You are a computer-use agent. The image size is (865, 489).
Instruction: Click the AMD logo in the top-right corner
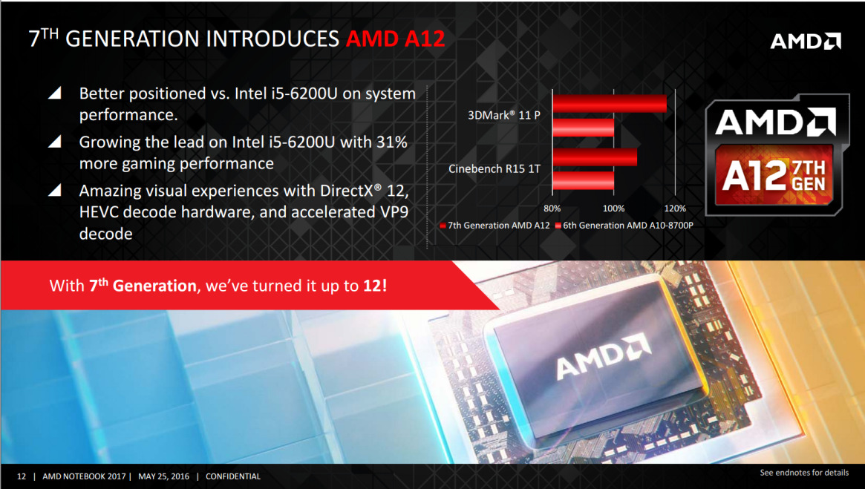tap(806, 42)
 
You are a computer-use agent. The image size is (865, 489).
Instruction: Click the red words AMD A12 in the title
tap(395, 39)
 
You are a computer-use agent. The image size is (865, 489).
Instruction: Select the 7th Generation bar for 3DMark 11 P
tap(610, 103)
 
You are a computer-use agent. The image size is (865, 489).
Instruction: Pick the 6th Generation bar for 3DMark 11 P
tap(583, 128)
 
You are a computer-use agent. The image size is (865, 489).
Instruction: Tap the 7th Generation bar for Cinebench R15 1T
tap(595, 157)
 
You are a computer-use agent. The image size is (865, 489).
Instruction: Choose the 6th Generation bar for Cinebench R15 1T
tap(583, 181)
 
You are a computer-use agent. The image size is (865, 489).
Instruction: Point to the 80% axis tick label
tap(552, 209)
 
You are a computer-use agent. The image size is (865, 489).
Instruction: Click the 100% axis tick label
tap(613, 209)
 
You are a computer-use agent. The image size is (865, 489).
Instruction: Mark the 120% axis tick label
tap(675, 209)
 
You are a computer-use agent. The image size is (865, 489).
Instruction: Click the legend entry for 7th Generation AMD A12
tap(494, 226)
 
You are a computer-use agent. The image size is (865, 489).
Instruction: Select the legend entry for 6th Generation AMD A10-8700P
tap(624, 226)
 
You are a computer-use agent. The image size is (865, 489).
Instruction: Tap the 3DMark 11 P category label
tap(503, 115)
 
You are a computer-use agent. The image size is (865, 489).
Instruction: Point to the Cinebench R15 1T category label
tap(494, 168)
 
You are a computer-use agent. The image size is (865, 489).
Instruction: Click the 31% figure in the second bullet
tap(392, 142)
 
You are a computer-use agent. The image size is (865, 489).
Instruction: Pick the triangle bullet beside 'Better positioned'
tap(55, 93)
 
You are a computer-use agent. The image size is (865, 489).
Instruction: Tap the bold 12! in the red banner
tap(375, 286)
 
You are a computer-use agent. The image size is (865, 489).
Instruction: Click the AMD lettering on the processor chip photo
tap(603, 356)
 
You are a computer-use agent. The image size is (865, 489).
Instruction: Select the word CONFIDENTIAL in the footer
tap(233, 476)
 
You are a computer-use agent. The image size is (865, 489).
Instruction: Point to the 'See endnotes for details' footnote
tap(804, 473)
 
